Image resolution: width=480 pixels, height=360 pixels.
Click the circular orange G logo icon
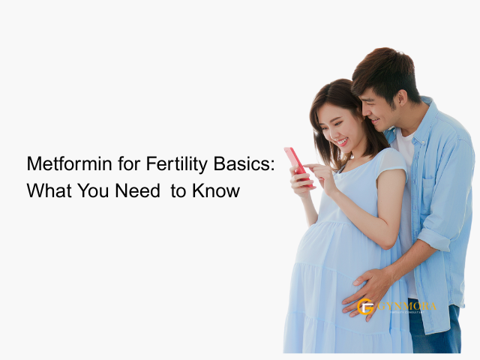(366, 306)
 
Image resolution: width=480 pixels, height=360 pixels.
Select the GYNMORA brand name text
(407, 305)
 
